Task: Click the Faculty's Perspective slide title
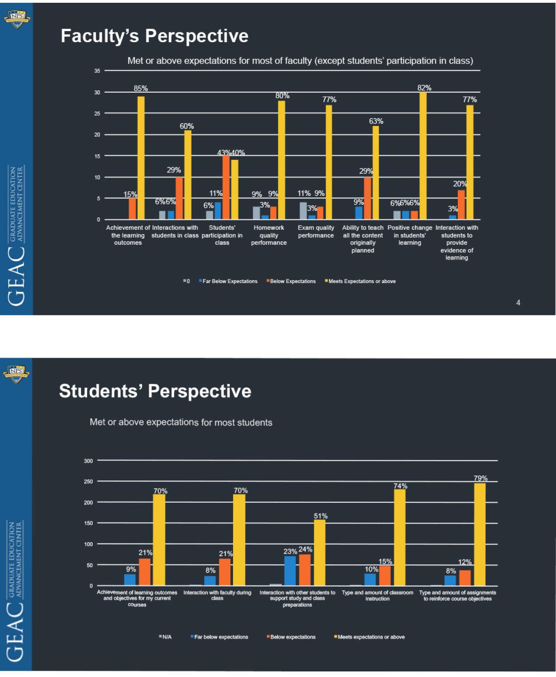[x=154, y=36]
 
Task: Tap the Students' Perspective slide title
[x=155, y=391]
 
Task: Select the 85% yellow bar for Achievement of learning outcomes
[x=141, y=158]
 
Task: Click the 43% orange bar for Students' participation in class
[x=226, y=187]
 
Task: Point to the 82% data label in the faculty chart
[x=424, y=88]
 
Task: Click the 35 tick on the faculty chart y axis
[x=97, y=71]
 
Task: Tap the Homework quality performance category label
[x=269, y=235]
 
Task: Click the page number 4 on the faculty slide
[x=518, y=303]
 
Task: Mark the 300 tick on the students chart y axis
[x=88, y=461]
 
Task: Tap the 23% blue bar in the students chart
[x=290, y=570]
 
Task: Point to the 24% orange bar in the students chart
[x=305, y=569]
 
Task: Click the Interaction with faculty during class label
[x=217, y=595]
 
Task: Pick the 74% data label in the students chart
[x=400, y=486]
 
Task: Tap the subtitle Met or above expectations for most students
[x=181, y=422]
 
